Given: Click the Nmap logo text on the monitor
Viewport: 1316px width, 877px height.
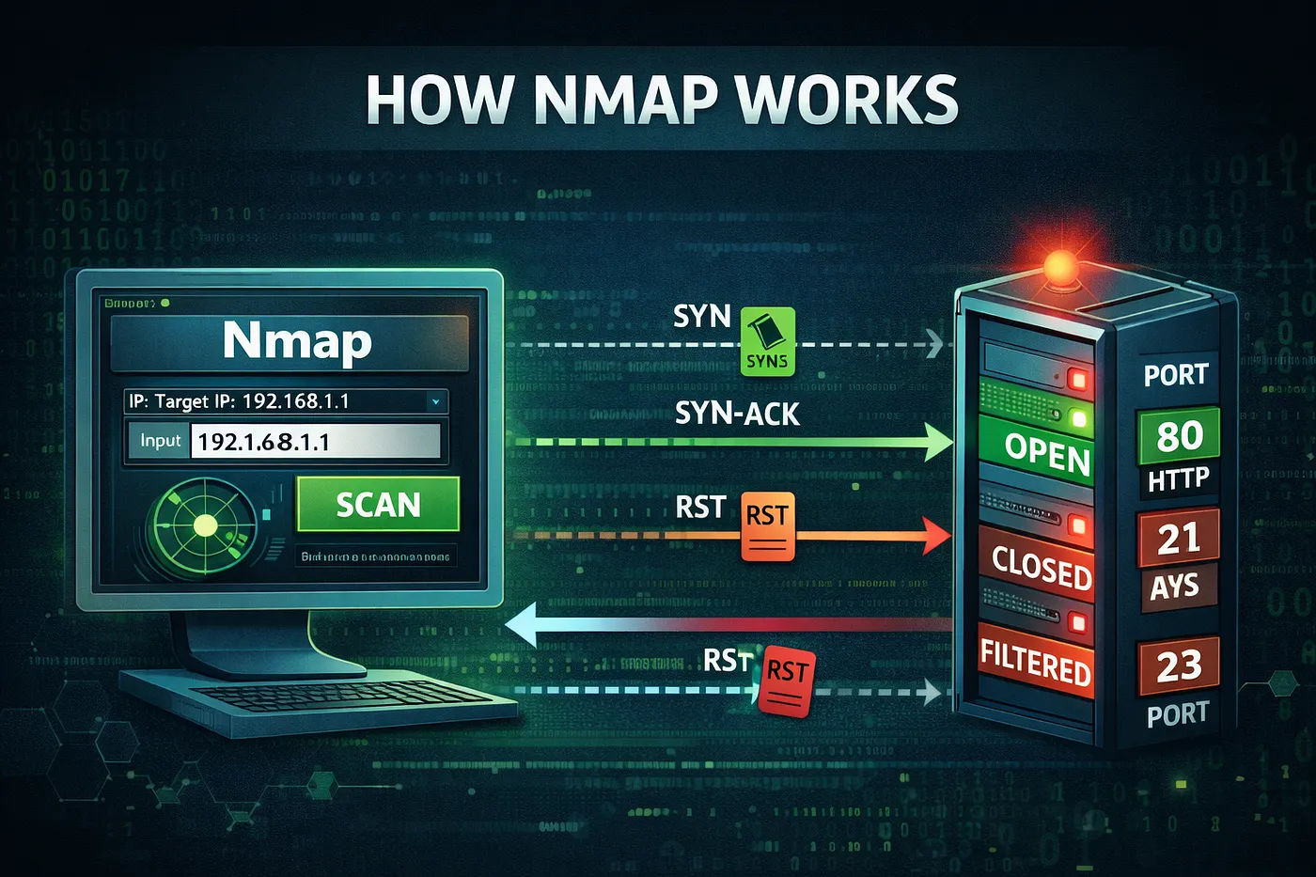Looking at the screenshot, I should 297,340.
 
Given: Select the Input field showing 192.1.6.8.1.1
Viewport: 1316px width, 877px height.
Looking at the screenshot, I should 315,441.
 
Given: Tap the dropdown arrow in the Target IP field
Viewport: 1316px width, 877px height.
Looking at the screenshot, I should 435,401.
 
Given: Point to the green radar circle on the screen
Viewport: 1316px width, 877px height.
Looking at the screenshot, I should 205,525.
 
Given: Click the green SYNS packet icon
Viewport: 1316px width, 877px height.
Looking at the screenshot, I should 767,342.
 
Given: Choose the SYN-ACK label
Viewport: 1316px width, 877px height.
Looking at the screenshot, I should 737,414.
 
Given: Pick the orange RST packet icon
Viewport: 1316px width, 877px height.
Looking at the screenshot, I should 767,526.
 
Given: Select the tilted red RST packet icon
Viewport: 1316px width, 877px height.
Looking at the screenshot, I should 786,681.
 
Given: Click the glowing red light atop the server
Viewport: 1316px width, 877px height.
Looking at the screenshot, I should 1061,268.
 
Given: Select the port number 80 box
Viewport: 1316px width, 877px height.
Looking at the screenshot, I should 1179,436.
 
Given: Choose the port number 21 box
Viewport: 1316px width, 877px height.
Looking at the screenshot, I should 1178,539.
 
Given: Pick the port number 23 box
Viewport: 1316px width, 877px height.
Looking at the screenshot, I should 1178,666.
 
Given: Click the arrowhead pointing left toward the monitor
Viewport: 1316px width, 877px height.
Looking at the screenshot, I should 523,625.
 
